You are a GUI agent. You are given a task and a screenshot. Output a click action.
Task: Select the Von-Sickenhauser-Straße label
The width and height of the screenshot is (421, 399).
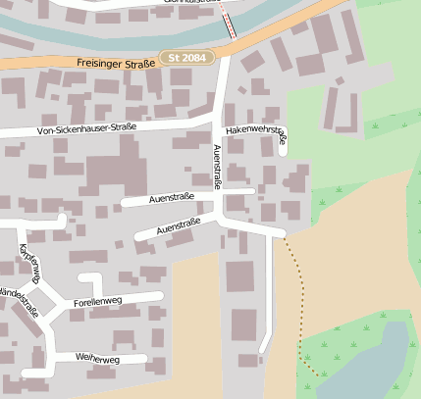point(86,127)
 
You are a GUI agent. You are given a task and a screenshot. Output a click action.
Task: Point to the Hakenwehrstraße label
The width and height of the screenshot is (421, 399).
point(254,129)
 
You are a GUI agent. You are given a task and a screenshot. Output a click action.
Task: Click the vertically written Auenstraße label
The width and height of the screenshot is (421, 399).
point(218,166)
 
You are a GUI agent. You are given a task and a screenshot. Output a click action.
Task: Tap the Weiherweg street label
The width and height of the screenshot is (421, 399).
point(96,360)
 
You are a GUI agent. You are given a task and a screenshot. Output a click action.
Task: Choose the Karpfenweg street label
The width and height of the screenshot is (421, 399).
point(28,264)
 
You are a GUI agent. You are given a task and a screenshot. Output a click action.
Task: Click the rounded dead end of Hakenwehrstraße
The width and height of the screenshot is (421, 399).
point(284,150)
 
